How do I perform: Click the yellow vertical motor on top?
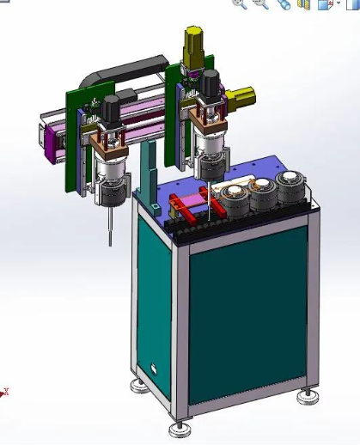[192, 43]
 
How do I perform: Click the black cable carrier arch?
[129, 67]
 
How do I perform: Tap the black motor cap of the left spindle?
[111, 108]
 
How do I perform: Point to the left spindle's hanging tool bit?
[110, 228]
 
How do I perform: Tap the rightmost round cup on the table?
[290, 183]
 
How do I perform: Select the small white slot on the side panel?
[154, 369]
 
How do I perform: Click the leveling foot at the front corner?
[180, 426]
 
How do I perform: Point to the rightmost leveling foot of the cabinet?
[308, 396]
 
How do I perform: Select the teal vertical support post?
[151, 172]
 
